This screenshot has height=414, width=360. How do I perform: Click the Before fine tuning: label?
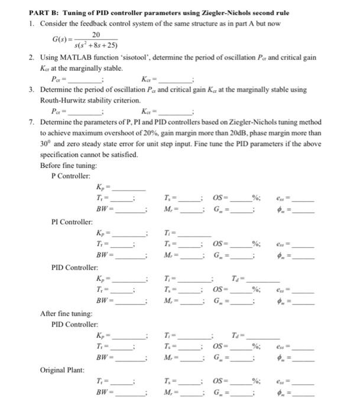pyautogui.click(x=64, y=166)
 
